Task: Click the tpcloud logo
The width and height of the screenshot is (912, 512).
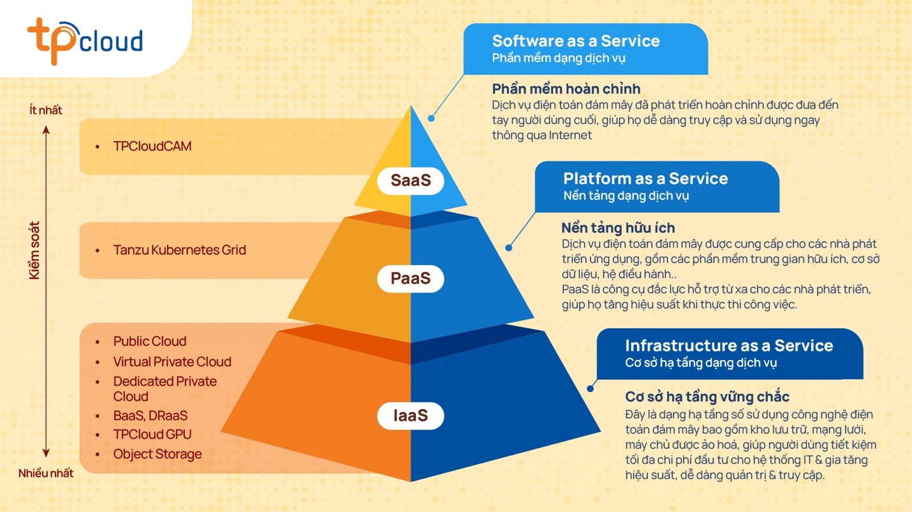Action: point(85,40)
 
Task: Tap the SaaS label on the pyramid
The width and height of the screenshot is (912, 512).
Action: point(411,181)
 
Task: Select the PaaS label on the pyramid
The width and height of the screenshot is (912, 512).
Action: point(411,279)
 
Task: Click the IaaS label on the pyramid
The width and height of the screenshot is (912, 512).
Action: point(410,417)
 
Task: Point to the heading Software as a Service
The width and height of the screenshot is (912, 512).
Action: point(576,41)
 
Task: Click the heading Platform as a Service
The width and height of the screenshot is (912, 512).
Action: point(645,178)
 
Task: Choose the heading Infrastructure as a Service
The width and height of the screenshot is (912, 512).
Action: point(729,346)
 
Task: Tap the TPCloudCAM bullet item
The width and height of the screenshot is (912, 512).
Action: point(152,146)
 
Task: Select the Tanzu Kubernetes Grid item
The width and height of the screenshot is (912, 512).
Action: point(179,250)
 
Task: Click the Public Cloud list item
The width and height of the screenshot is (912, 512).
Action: point(150,342)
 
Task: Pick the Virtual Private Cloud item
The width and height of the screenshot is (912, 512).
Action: point(172,362)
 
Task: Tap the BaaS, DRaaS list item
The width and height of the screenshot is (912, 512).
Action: point(151,416)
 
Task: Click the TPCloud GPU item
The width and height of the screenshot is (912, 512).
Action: point(152,435)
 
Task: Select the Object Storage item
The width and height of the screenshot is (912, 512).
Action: point(158,454)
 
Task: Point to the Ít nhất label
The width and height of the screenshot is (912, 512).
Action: point(46,110)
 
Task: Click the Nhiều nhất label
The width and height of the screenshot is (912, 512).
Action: point(46,473)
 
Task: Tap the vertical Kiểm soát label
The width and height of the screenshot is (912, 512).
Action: point(34,250)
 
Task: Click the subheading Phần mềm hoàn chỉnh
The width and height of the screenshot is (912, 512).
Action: point(566,89)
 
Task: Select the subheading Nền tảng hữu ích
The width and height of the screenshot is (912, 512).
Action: point(618,228)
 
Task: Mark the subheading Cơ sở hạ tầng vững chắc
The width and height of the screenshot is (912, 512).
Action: point(707,396)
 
